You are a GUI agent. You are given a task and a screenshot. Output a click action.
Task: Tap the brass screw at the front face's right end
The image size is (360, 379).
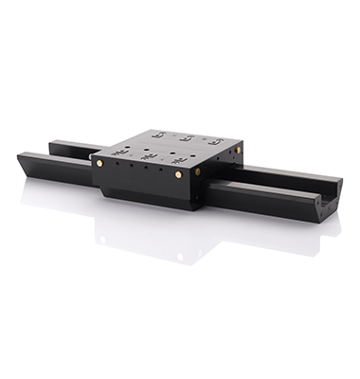point(179,175)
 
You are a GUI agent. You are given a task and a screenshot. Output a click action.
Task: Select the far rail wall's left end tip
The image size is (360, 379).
point(54,144)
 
